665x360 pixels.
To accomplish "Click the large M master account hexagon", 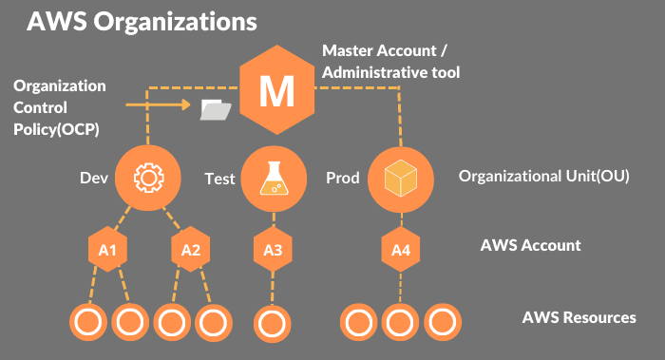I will click(x=278, y=91).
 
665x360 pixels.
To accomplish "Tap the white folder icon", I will click(x=217, y=111).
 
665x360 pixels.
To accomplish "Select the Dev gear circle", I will click(x=147, y=178).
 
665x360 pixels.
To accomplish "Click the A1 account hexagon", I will click(x=107, y=250).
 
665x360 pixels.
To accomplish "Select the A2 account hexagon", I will click(x=190, y=250).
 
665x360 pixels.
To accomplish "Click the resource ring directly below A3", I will click(x=271, y=321).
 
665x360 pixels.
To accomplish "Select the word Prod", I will click(x=342, y=178).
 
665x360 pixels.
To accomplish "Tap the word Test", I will click(x=219, y=178).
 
